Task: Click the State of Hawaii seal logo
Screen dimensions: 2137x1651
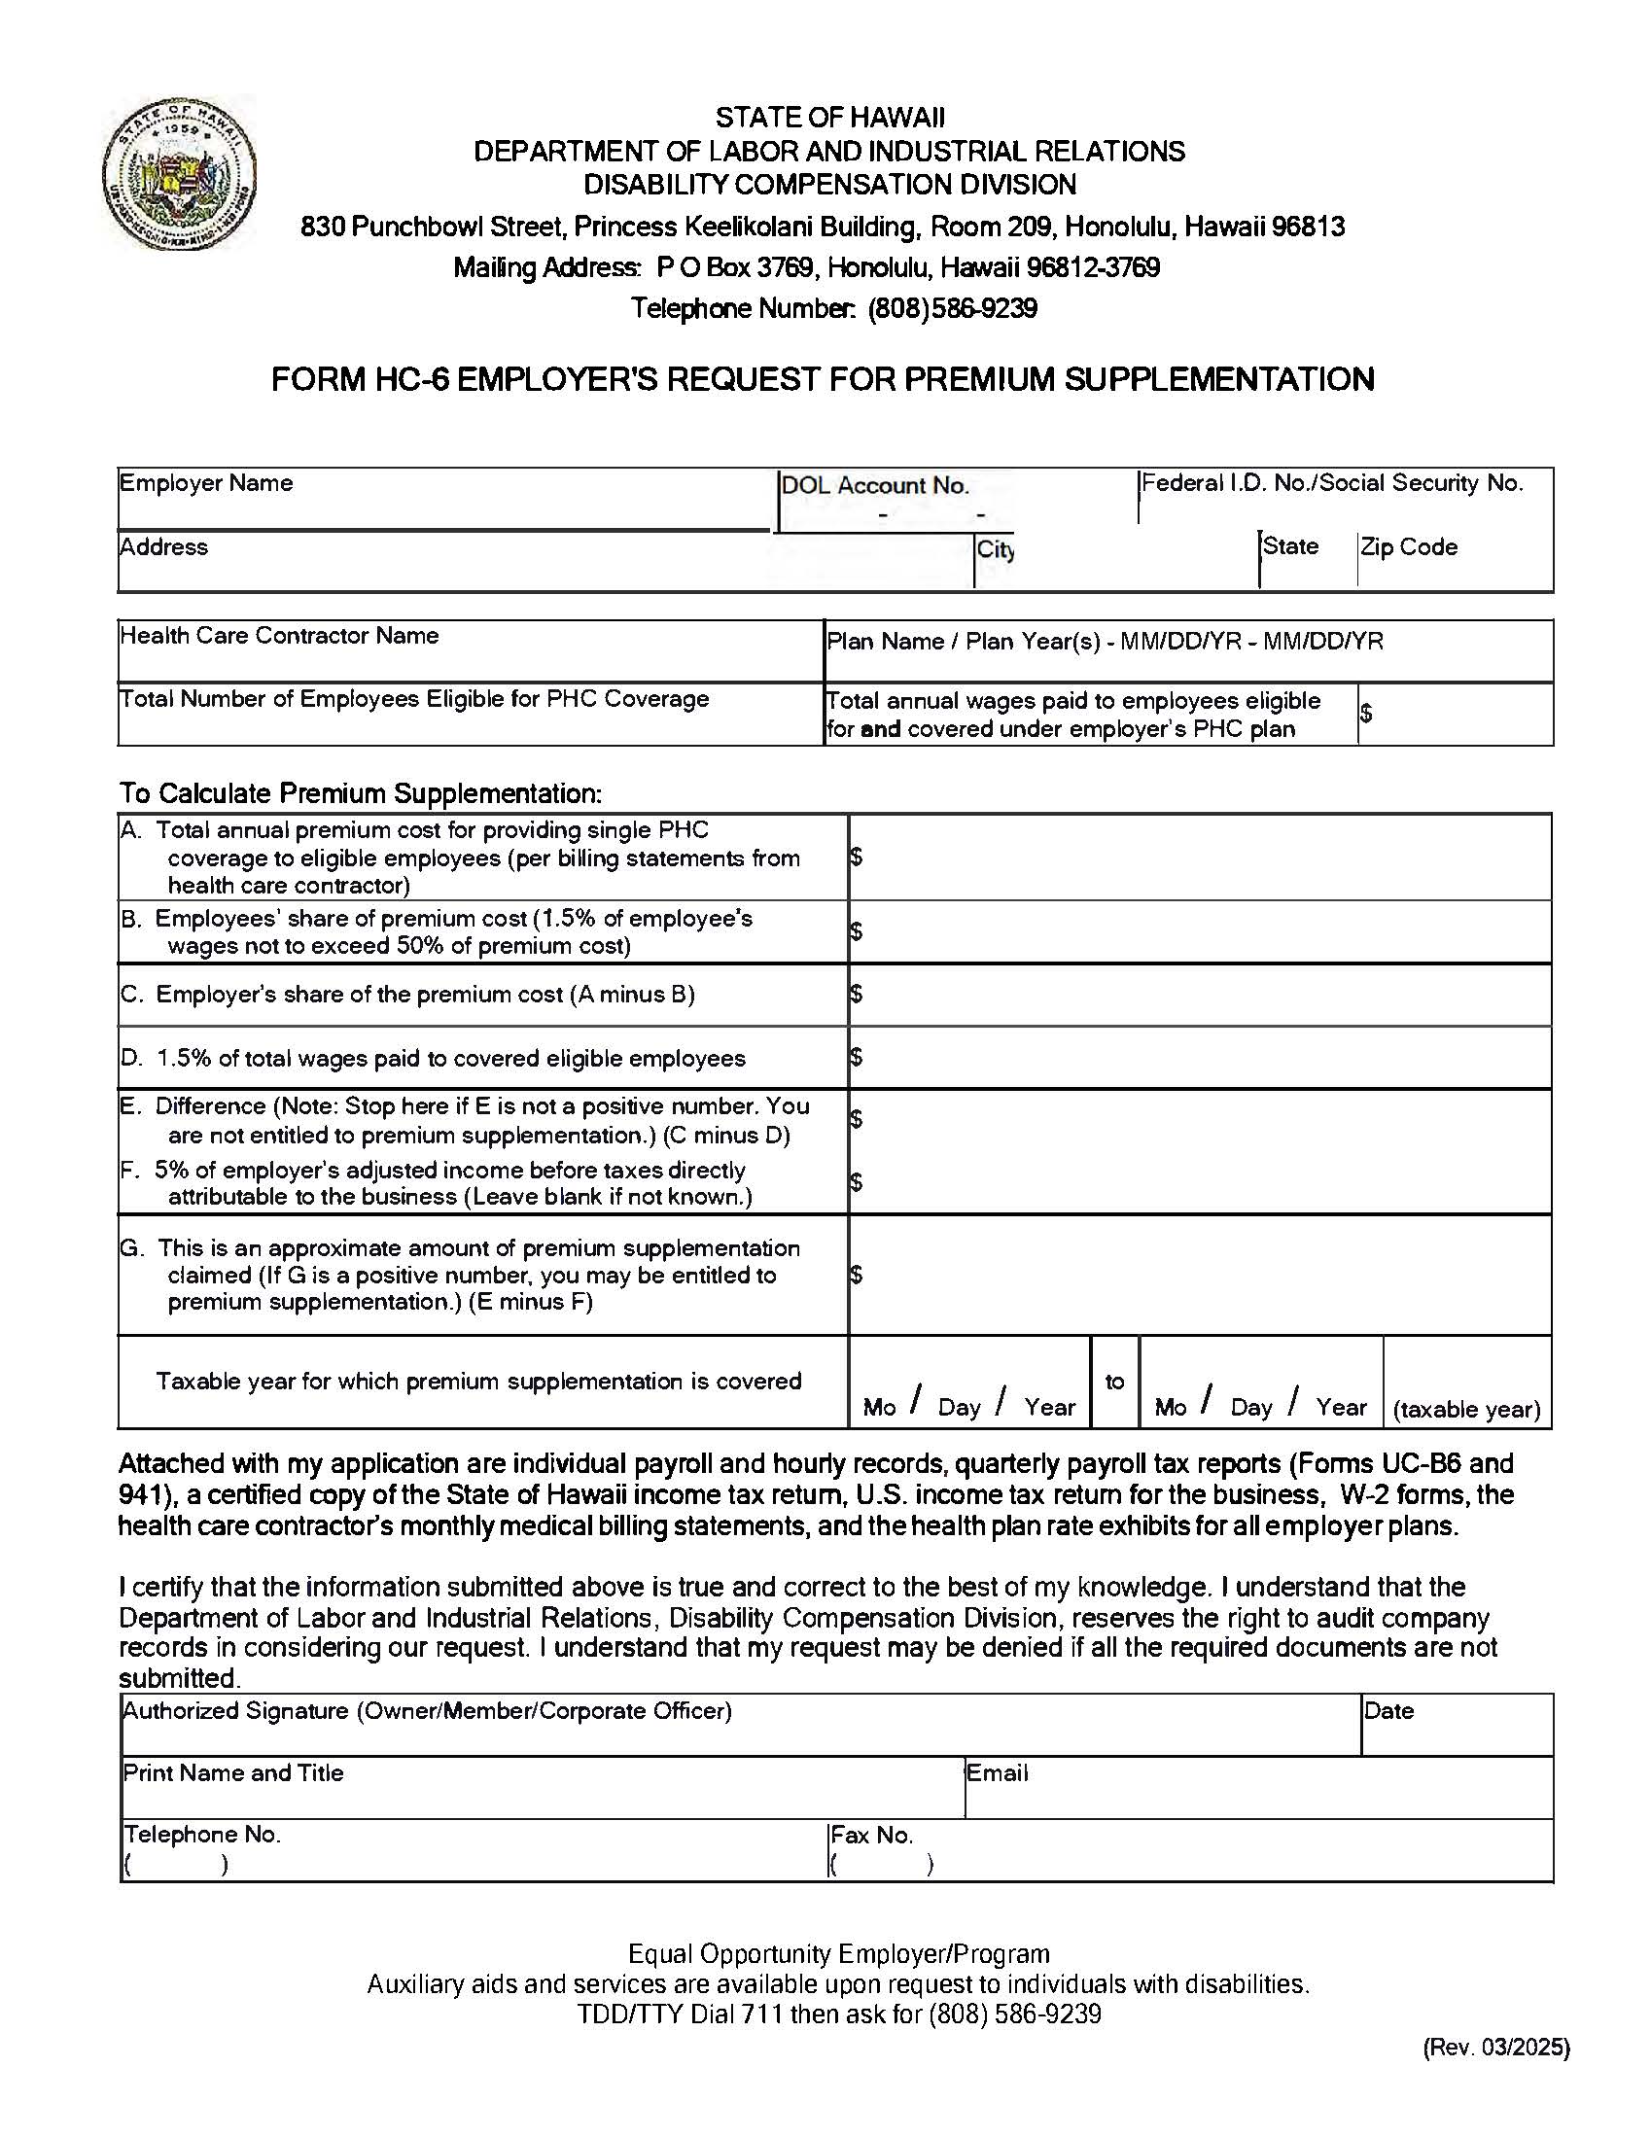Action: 179,172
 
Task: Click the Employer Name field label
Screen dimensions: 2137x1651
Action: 205,483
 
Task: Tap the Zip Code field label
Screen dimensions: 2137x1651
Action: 1408,547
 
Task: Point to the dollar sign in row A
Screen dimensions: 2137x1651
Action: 857,858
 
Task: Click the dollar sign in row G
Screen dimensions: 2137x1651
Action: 857,1274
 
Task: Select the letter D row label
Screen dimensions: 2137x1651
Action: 129,1058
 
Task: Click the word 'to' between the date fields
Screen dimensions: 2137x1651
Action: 1113,1381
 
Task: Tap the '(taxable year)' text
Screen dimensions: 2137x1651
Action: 1466,1409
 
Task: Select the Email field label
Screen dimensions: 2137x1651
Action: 997,1773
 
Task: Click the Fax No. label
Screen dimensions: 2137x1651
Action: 871,1835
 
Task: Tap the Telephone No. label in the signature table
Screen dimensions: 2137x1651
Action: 201,1835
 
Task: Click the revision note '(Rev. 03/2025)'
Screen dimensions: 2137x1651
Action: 1495,2047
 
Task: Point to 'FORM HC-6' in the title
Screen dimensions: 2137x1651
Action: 359,379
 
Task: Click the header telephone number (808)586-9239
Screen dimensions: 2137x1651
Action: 951,309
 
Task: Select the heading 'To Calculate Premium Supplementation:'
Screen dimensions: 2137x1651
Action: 360,792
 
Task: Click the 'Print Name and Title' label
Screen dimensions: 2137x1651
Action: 233,1773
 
